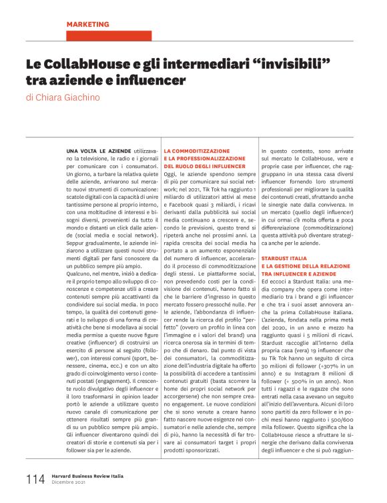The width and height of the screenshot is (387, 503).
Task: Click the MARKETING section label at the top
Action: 87,24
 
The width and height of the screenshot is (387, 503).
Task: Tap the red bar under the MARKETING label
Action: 109,36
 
